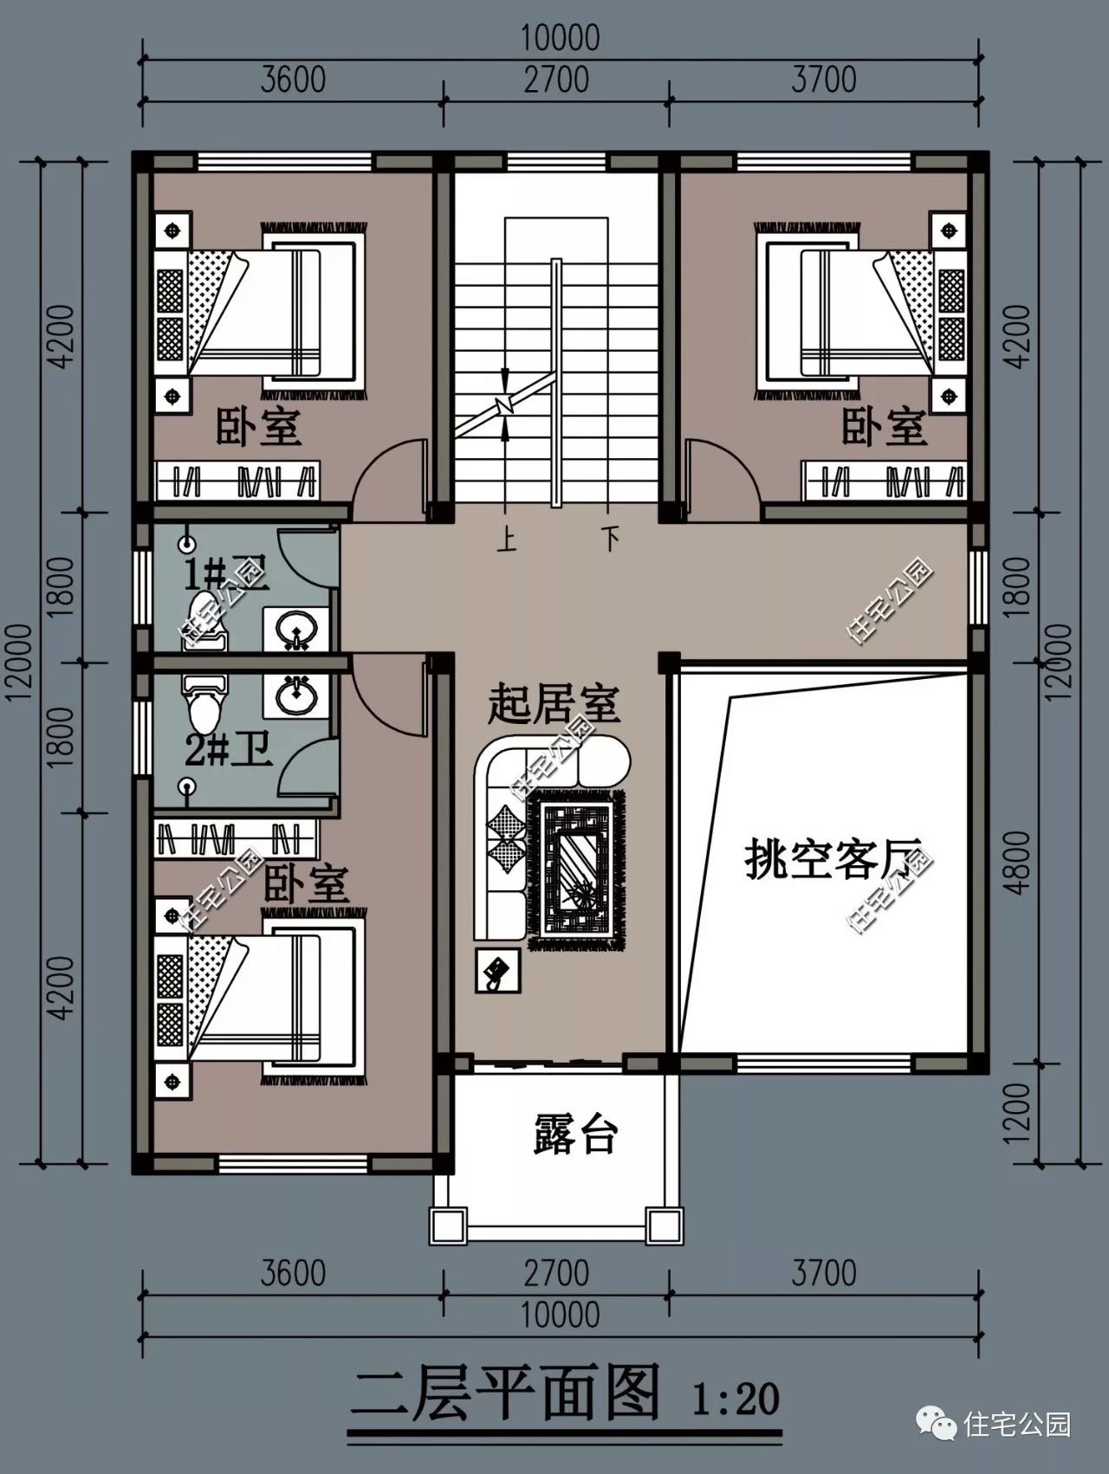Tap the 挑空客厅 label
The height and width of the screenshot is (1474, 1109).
(x=831, y=862)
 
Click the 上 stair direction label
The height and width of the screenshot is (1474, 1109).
(x=507, y=541)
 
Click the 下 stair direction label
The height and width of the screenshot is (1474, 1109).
(x=612, y=541)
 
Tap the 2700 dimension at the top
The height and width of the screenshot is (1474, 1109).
(x=556, y=80)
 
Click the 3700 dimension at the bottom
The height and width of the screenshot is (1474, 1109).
(x=823, y=1273)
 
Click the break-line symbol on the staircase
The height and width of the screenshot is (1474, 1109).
(x=505, y=404)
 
